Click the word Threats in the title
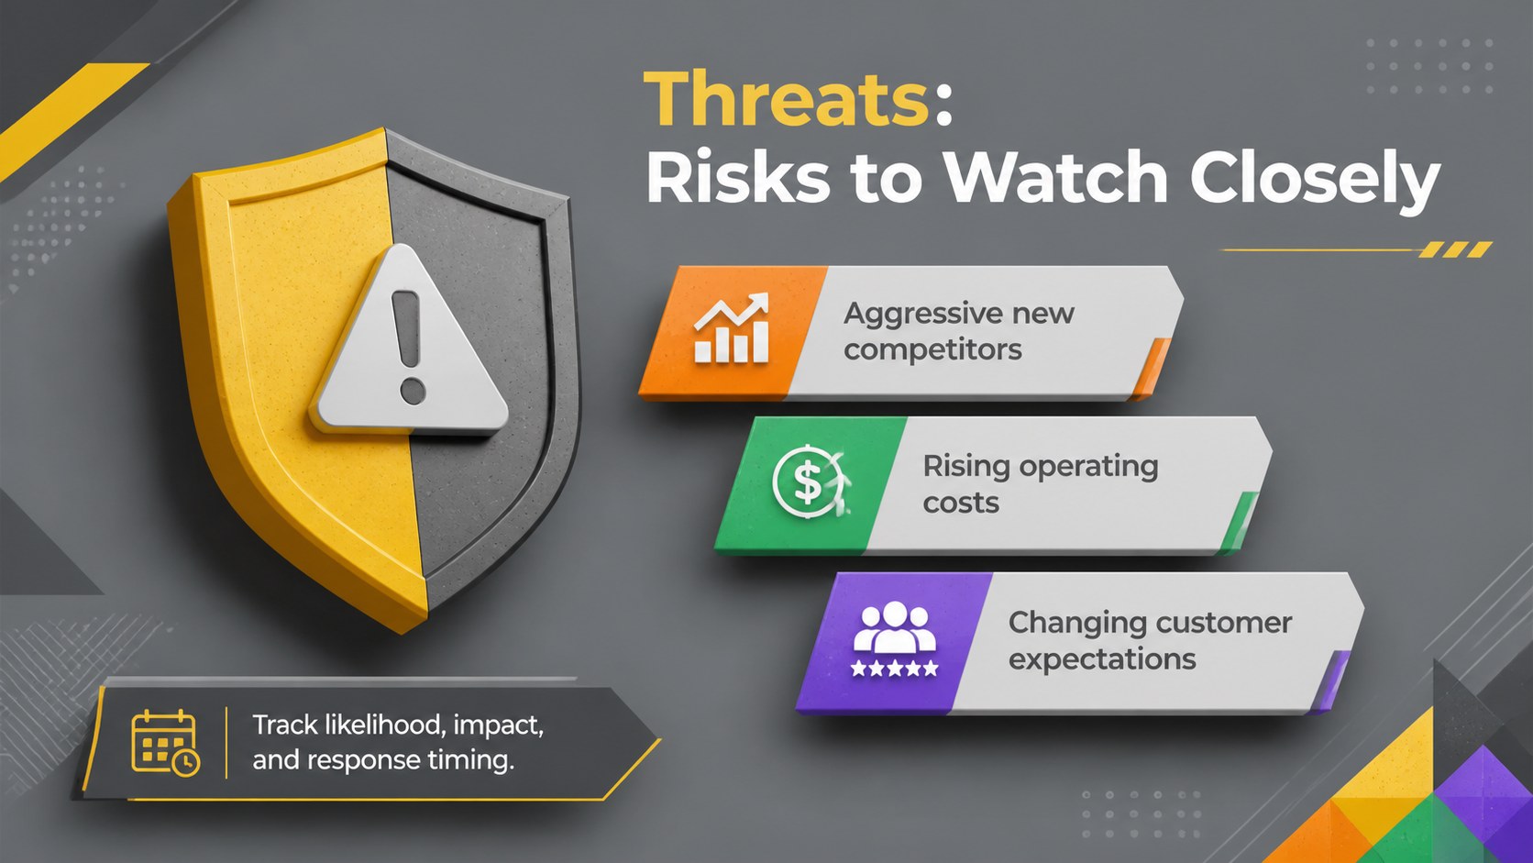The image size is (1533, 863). (787, 99)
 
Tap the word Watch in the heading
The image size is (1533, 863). (1054, 177)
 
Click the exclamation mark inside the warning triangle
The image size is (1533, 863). (409, 347)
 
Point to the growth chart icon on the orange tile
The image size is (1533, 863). (731, 328)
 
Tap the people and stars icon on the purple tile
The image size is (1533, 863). (895, 639)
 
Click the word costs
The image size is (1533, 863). (961, 503)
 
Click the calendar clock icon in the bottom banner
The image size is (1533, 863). (165, 743)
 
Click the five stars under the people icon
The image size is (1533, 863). (895, 668)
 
